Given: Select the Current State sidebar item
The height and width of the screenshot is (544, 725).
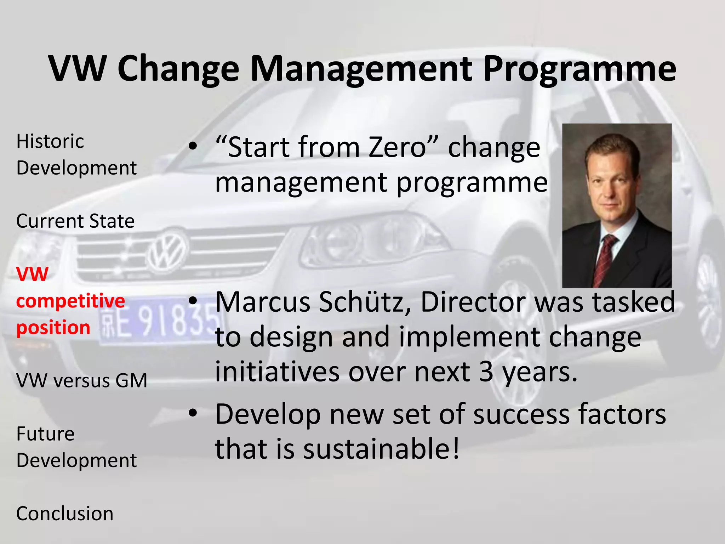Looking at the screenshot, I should (75, 221).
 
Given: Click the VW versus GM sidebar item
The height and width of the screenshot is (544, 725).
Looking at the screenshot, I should (82, 381).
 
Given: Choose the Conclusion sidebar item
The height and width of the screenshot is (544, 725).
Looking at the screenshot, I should (65, 514).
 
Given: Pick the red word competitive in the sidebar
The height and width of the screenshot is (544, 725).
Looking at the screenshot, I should (70, 301).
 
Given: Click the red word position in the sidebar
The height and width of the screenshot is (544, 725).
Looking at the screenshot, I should (53, 328).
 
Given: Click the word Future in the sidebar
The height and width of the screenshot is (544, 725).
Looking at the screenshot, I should (45, 434).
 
